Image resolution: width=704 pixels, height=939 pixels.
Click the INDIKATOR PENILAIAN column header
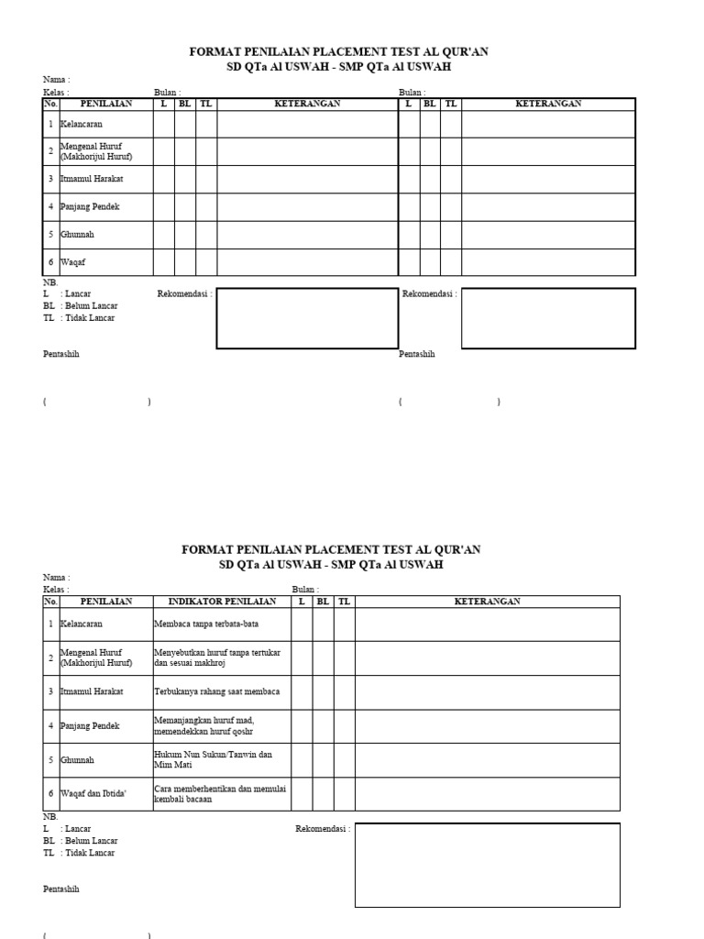coord(222,602)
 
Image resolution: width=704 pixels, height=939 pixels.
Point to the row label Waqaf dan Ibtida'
coord(93,793)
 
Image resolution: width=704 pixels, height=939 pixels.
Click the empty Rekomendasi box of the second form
coord(487,865)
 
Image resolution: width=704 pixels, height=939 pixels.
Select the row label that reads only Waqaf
coord(72,262)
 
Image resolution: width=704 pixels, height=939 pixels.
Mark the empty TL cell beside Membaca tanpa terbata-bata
coord(344,624)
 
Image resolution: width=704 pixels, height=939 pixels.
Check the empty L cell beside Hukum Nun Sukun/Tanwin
coord(302,759)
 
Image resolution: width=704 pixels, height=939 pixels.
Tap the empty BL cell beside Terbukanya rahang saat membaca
coord(323,691)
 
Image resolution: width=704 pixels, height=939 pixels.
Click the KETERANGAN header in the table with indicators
coord(487,602)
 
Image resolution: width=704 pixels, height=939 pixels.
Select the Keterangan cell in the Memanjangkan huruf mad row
coord(487,725)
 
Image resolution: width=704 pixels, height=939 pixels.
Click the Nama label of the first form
coord(56,80)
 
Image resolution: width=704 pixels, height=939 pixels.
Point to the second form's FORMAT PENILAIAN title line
coord(331,549)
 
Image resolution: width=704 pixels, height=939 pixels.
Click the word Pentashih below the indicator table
coord(61,889)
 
